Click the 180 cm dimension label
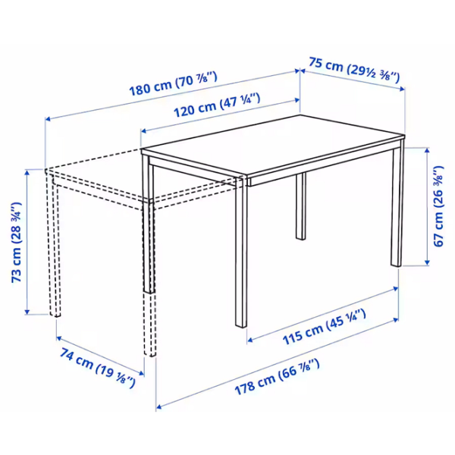173,83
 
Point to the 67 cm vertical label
438,206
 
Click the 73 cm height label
17,243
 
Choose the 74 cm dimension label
98,368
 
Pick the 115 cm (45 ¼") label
324,328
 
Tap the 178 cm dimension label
277,377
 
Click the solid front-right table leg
241,251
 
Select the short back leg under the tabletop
301,206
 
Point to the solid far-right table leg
397,203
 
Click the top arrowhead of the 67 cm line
426,150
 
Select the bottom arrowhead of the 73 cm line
27,312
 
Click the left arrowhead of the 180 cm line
48,118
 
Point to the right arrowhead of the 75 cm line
402,89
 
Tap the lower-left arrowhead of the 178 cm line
158,406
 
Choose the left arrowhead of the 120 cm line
143,131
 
